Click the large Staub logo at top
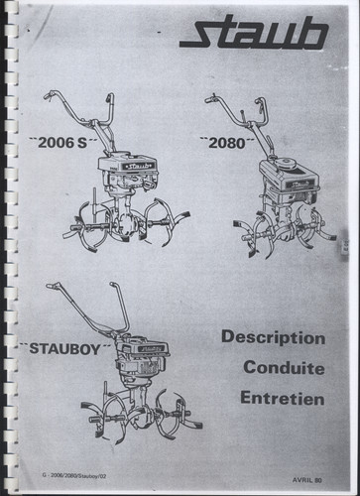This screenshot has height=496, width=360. click(254, 35)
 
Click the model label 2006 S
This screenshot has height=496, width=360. click(62, 143)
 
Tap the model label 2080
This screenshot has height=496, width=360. click(227, 144)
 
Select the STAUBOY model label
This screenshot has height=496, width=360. click(64, 349)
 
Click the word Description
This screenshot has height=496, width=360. click(273, 338)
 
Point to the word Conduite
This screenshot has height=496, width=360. click(284, 368)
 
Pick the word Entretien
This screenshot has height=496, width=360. click(283, 398)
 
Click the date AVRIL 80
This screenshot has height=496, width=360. click(307, 480)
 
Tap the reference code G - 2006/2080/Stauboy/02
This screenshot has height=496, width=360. click(74, 476)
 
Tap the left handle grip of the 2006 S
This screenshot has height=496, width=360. click(49, 95)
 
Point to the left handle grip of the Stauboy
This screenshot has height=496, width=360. click(54, 286)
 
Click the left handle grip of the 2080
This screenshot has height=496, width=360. click(210, 99)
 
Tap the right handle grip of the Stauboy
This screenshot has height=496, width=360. click(114, 286)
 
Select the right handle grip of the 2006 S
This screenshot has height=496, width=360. click(109, 98)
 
